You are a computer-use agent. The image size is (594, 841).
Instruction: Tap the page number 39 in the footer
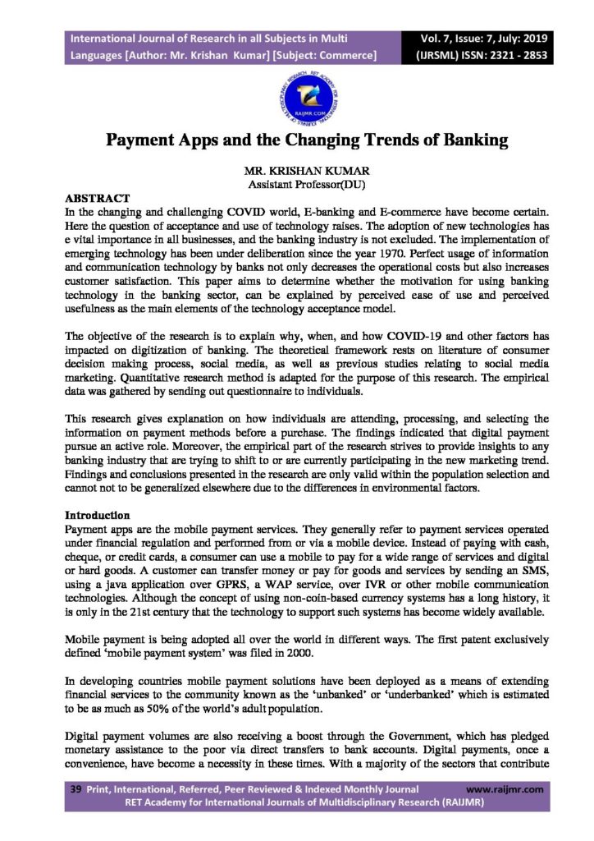(72, 789)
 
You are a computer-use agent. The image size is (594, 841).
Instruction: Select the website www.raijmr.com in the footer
(505, 789)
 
